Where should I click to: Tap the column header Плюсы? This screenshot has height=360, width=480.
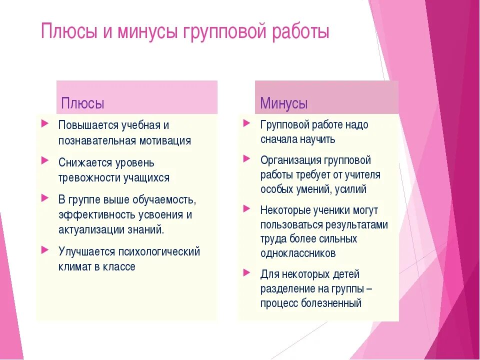pyautogui.click(x=82, y=104)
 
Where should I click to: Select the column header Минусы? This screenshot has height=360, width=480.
pyautogui.click(x=283, y=104)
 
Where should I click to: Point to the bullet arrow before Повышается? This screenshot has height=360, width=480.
pyautogui.click(x=45, y=122)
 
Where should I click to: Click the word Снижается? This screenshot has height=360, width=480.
pyautogui.click(x=81, y=163)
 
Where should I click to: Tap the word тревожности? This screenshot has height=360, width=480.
pyautogui.click(x=90, y=177)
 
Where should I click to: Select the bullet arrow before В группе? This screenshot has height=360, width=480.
pyautogui.click(x=45, y=197)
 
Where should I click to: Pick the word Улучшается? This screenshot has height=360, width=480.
pyautogui.click(x=86, y=251)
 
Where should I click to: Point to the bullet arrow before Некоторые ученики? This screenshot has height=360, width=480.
pyautogui.click(x=246, y=207)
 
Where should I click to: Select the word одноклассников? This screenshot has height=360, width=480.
pyautogui.click(x=298, y=253)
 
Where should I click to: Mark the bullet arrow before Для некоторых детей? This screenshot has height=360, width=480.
pyautogui.click(x=246, y=272)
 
